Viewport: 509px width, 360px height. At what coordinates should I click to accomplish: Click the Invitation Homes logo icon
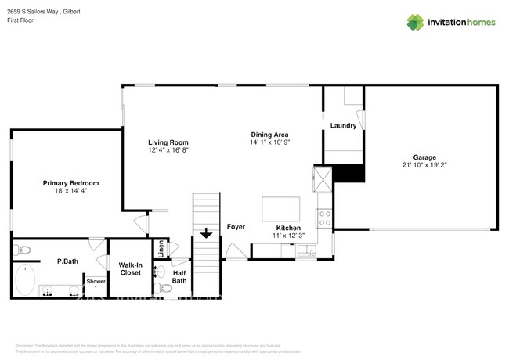coord(416,23)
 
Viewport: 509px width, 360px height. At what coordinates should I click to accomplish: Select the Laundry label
coord(343,126)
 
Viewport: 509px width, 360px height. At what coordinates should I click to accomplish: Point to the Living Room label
coord(168,142)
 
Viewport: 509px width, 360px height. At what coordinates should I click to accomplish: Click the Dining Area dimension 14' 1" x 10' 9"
coord(270,142)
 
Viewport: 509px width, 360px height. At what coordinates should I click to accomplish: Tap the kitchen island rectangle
coord(280,210)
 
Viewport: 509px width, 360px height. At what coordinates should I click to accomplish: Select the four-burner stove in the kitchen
coord(325,215)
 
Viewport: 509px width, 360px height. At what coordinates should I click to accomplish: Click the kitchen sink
coord(305,250)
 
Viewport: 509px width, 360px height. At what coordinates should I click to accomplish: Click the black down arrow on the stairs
coord(206,233)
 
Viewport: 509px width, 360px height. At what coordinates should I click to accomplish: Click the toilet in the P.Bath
coord(23,250)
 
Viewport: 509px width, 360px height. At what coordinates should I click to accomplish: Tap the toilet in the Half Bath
coord(165,290)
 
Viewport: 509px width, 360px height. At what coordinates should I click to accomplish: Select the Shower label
coord(96,281)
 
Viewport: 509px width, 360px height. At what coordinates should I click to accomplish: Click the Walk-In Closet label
coord(130,268)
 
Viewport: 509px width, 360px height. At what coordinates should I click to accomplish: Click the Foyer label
coord(236,227)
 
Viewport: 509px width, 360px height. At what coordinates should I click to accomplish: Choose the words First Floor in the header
coord(22,20)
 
